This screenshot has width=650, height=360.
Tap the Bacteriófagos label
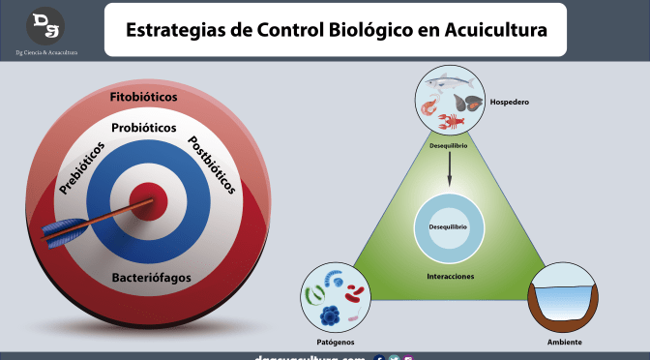[149, 277]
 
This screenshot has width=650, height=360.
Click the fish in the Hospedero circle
[450, 86]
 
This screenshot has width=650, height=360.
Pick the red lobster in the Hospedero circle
[451, 122]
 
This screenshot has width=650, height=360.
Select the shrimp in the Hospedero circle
[430, 105]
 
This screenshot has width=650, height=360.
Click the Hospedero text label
[513, 100]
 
